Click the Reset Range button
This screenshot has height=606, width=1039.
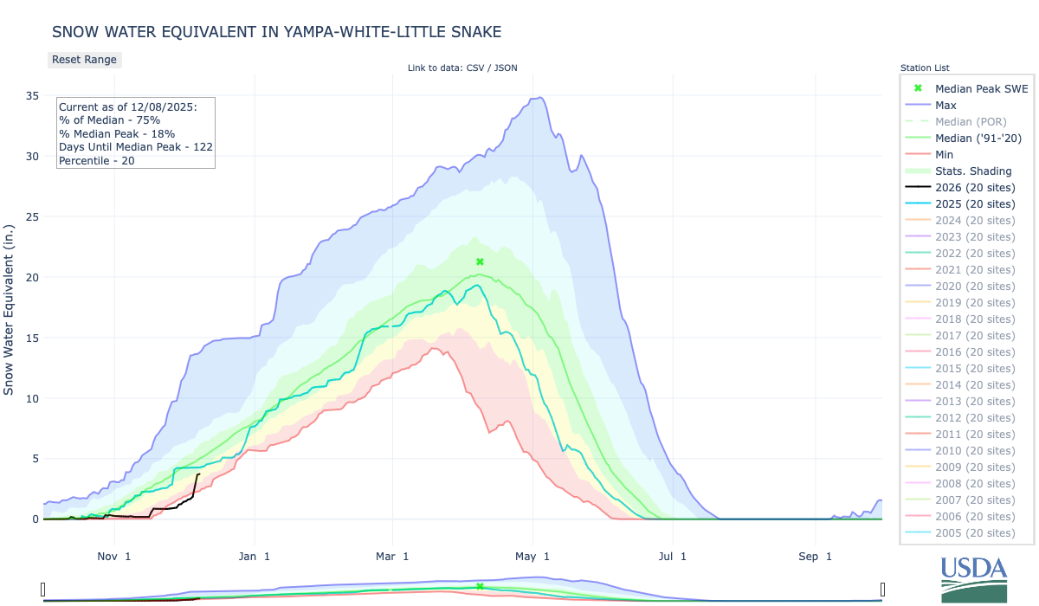[x=83, y=60]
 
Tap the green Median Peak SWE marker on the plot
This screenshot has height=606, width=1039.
[x=480, y=261]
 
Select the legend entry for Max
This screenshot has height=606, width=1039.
[x=945, y=105]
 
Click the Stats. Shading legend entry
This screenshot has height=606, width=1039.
[x=973, y=171]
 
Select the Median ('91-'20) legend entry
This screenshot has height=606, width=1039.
[x=976, y=138]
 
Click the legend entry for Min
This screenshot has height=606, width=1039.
[x=945, y=154]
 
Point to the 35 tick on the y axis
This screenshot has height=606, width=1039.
[x=31, y=96]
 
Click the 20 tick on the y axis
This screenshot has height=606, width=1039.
[x=31, y=277]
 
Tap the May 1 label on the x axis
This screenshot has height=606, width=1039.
[x=533, y=557]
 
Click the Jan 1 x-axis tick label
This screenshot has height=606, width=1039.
[x=255, y=557]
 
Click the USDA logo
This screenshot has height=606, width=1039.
[x=974, y=577]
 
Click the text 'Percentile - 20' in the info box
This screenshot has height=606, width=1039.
[x=96, y=160]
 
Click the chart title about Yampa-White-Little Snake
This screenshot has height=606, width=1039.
[x=276, y=32]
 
